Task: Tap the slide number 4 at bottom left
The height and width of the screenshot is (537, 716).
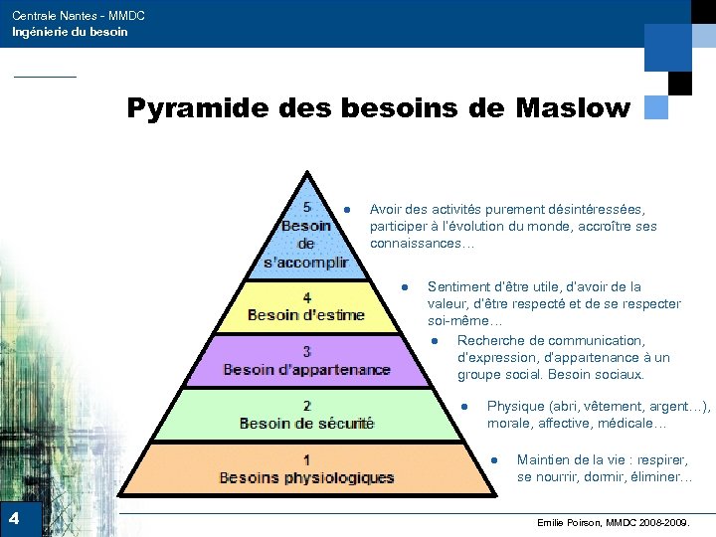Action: (x=14, y=518)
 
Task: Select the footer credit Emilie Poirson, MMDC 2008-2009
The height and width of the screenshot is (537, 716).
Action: (x=618, y=522)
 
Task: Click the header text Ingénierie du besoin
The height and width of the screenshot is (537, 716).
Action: (x=70, y=32)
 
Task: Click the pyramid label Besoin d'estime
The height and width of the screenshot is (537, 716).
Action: (x=305, y=315)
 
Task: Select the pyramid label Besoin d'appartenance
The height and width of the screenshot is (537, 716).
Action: (x=306, y=369)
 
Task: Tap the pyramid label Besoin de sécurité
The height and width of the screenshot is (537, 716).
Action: (x=306, y=423)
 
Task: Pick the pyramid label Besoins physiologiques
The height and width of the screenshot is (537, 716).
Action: (x=306, y=477)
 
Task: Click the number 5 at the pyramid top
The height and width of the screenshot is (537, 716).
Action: (x=306, y=207)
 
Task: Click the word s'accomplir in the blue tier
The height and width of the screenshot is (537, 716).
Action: (x=306, y=263)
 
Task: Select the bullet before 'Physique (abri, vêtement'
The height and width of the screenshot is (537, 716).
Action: (x=464, y=406)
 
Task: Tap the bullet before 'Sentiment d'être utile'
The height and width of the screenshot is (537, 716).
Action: (x=405, y=287)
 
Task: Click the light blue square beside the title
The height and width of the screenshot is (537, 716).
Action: (x=655, y=107)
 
